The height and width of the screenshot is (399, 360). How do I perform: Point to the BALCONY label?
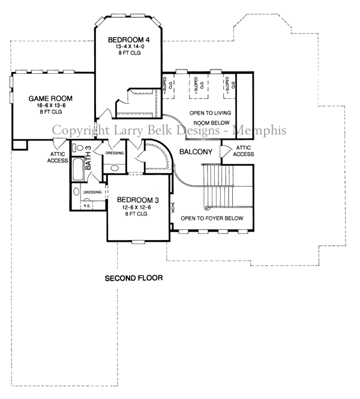(x=196, y=152)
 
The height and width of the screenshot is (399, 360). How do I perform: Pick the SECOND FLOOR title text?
(x=134, y=278)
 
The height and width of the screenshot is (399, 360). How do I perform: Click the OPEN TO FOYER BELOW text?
(x=212, y=218)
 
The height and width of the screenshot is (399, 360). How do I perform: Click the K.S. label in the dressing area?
(x=86, y=205)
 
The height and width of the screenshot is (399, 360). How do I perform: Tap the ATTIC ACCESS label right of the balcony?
(x=244, y=150)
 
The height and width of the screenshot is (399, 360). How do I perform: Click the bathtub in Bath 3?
(x=77, y=171)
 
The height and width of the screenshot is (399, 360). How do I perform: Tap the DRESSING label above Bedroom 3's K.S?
(x=92, y=192)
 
